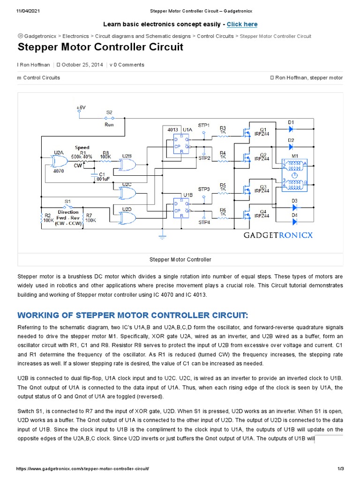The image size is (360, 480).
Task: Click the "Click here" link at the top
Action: click(242, 24)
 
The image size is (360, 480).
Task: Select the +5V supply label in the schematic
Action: click(81, 107)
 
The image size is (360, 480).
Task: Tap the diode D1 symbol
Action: click(291, 128)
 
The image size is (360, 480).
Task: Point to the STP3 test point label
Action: click(204, 189)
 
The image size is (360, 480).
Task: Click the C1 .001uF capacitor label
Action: click(101, 176)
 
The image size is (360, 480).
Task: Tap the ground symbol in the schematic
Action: click(163, 233)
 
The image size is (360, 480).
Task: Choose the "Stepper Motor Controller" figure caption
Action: click(180, 259)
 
